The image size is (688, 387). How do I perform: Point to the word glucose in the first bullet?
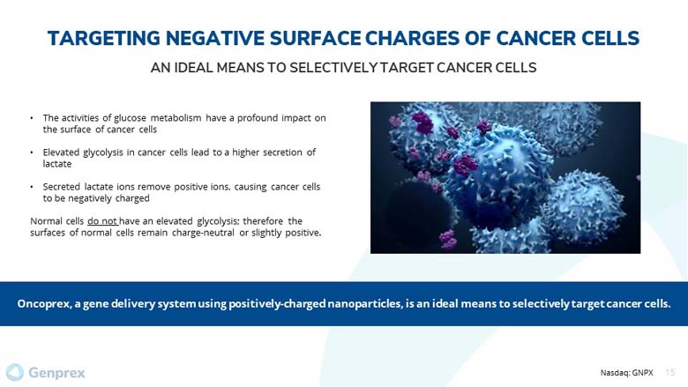130,118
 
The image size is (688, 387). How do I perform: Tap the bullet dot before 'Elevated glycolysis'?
32,153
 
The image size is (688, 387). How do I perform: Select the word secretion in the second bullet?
282,153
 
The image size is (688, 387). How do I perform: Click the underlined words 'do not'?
102,221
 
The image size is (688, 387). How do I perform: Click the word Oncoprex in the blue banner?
44,304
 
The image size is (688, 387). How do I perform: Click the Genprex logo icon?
14,373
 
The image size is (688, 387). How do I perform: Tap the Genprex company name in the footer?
56,373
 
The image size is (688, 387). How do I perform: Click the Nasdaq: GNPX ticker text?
626,373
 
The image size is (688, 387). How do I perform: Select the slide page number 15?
670,373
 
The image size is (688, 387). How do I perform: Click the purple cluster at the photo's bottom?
448,239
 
